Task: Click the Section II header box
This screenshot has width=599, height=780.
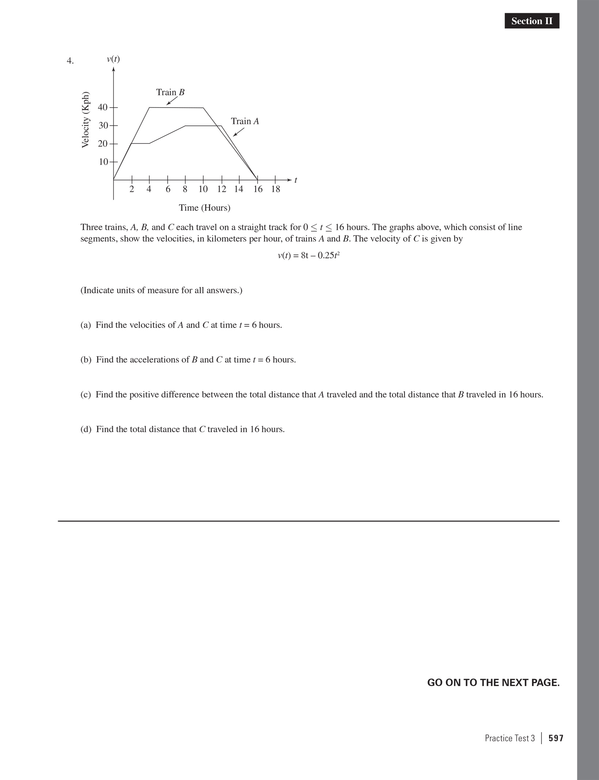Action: click(532, 21)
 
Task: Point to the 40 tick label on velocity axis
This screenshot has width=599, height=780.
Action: click(103, 108)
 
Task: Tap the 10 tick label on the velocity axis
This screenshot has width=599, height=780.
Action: click(103, 162)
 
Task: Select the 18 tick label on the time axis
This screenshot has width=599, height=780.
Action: click(276, 189)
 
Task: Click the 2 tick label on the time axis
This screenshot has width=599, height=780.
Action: click(132, 189)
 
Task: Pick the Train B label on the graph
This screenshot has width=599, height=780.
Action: click(170, 92)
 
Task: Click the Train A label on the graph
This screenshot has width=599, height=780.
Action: click(245, 121)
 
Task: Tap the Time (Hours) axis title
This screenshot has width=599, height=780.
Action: click(205, 208)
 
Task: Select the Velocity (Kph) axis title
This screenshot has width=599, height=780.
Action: click(85, 119)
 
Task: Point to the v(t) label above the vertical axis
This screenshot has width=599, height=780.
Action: click(113, 59)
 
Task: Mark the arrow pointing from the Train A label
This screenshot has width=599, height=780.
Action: click(239, 132)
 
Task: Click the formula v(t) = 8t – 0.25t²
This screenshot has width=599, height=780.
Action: click(309, 255)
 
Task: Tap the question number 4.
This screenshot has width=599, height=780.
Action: click(70, 61)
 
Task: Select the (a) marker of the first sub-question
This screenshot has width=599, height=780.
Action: click(86, 325)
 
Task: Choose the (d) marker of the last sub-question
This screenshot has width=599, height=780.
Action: click(86, 429)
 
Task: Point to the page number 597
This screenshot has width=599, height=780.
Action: click(556, 738)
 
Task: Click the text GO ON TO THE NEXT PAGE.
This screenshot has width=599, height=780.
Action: click(493, 683)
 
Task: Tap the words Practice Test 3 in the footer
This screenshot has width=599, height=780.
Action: click(509, 738)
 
